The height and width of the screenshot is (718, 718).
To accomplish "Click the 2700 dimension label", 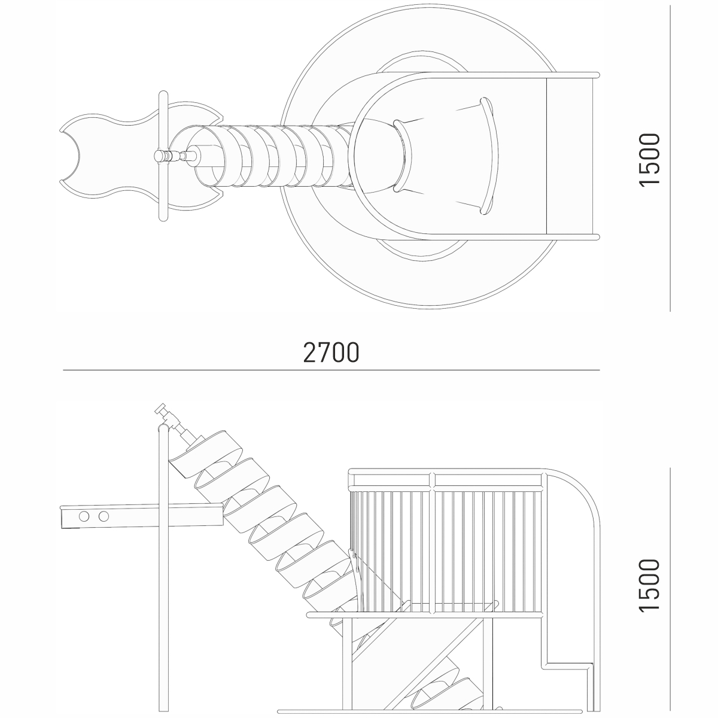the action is point(331,352).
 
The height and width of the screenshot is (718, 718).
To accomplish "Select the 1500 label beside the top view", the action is point(649,160).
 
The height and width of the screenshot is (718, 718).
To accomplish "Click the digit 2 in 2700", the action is point(310,352).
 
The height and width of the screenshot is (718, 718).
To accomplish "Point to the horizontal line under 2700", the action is point(331,370).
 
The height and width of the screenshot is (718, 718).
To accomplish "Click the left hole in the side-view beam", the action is point(84,516).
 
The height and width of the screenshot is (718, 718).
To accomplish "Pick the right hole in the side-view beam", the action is point(104,516).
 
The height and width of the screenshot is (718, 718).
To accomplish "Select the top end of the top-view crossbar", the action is point(163,94).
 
